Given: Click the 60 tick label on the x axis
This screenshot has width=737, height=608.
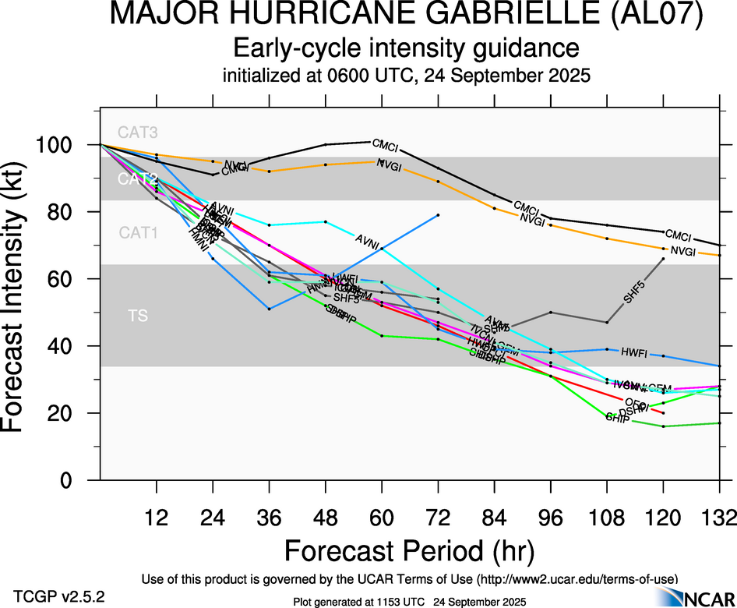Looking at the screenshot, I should pos(381,517).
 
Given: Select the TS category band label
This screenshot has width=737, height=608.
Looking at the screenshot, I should pos(139,316).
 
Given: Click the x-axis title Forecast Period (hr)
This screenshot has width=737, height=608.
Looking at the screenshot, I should pos(409,551).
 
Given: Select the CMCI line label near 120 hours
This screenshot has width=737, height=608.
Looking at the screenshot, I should pos(679,236).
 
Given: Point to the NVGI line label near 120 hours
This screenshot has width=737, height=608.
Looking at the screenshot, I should pos(683,251).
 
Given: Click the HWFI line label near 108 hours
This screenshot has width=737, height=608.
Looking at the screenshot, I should pos(634,352).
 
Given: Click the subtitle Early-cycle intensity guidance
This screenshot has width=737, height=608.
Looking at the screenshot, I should pos(407,48).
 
